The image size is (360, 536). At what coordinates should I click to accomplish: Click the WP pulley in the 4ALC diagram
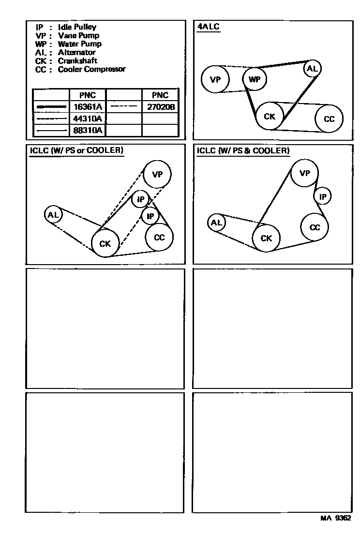(255, 79)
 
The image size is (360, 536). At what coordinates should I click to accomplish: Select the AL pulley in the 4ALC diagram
(312, 69)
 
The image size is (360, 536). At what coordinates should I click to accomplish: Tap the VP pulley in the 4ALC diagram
(215, 79)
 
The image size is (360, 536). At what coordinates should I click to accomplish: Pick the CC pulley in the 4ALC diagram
(329, 119)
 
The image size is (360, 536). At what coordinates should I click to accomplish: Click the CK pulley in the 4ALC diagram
(270, 117)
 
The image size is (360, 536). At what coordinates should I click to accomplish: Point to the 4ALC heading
(208, 27)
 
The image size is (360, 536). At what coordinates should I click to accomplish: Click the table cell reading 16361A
(88, 107)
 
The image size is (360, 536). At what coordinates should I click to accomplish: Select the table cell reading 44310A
(88, 119)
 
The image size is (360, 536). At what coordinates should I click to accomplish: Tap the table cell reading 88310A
(88, 130)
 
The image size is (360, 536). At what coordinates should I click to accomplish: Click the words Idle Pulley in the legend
(77, 27)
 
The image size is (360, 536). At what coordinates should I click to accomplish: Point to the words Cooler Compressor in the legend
(91, 69)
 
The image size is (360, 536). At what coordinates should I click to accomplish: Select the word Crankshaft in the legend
(77, 61)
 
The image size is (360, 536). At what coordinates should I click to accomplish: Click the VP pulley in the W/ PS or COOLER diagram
(157, 175)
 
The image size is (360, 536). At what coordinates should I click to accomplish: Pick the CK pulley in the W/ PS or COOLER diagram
(105, 243)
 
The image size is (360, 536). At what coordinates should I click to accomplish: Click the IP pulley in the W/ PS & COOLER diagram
(323, 196)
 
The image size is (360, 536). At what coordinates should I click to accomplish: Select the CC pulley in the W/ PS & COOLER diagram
(315, 227)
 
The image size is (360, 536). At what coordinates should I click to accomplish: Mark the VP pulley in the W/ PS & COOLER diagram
(304, 174)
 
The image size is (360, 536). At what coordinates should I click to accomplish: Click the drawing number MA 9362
(335, 518)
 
